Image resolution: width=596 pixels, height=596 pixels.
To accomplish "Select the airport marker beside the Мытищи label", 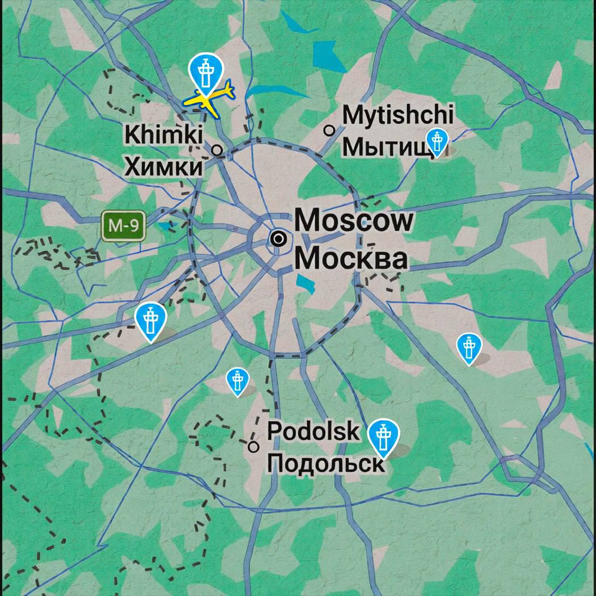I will click(436, 141).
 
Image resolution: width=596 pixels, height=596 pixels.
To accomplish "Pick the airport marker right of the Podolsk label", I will click(383, 438).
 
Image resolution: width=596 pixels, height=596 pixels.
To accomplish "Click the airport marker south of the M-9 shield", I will click(150, 321).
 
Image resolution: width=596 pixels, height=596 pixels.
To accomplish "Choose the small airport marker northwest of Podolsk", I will click(237, 381).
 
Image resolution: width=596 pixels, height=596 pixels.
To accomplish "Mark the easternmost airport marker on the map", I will click(469, 347).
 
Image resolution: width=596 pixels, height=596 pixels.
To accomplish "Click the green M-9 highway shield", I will click(124, 226).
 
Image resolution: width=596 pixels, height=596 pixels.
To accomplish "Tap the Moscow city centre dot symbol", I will click(278, 239).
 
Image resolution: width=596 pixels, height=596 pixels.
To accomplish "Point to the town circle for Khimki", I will click(217, 150).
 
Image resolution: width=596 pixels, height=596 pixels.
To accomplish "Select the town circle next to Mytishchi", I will click(329, 130).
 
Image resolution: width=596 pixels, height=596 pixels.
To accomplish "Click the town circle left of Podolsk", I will click(254, 447).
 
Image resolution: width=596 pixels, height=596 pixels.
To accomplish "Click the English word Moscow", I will click(354, 220).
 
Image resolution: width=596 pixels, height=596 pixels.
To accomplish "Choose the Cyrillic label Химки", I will click(163, 167).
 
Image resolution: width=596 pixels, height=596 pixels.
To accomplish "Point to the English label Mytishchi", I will click(398, 115).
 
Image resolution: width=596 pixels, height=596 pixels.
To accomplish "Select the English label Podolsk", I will click(313, 431).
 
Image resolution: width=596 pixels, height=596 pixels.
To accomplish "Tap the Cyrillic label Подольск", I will click(325, 463).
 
